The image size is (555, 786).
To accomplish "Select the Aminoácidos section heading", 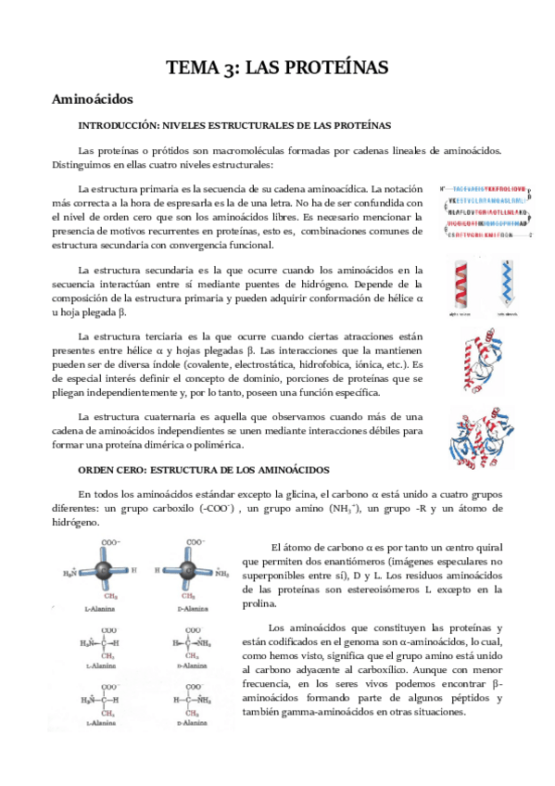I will (93, 98).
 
